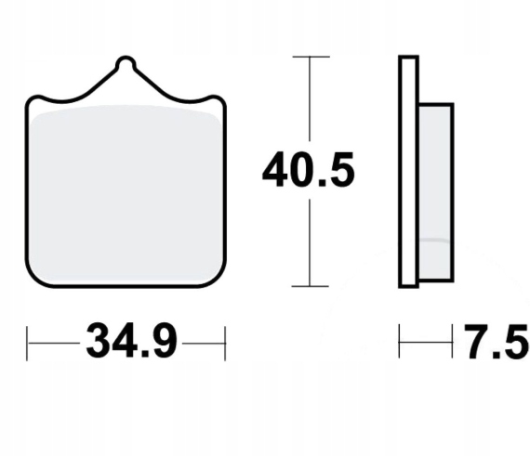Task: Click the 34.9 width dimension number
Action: pos(131,341)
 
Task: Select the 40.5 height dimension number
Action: pos(309,170)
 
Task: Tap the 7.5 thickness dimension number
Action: pos(496,341)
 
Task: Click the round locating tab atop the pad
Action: pos(126,64)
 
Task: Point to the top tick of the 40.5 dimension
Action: pos(311,57)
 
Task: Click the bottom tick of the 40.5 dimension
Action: pos(310,286)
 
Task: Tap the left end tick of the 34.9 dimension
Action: pos(27,344)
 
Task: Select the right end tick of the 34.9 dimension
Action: pos(225,344)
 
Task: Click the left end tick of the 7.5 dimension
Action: pos(399,341)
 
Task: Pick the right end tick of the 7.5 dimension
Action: pos(452,341)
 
